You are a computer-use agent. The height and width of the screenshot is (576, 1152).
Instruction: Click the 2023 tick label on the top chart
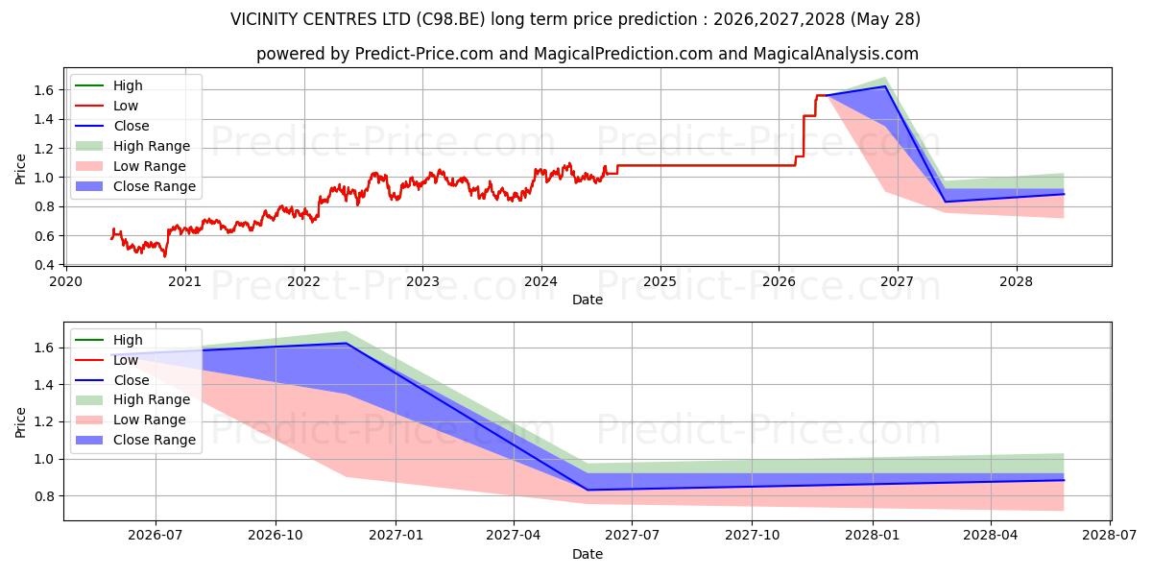pyautogui.click(x=422, y=282)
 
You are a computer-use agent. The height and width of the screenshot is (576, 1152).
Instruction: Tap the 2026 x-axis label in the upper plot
pyautogui.click(x=779, y=282)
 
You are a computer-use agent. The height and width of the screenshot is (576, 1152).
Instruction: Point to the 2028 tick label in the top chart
pyautogui.click(x=1017, y=282)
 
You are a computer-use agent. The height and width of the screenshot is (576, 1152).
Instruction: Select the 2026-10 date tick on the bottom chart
pyautogui.click(x=276, y=536)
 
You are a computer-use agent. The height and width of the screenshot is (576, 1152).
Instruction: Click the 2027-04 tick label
pyautogui.click(x=514, y=536)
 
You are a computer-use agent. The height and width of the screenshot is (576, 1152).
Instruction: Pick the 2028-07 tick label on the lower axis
pyautogui.click(x=1110, y=536)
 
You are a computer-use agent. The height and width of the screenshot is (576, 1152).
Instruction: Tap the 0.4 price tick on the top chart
pyautogui.click(x=44, y=265)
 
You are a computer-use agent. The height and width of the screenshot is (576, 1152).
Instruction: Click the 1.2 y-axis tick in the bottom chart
pyautogui.click(x=44, y=422)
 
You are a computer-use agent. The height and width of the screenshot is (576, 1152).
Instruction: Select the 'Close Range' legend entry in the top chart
pyautogui.click(x=135, y=186)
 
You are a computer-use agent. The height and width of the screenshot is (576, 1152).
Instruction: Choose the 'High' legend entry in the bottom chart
pyautogui.click(x=109, y=340)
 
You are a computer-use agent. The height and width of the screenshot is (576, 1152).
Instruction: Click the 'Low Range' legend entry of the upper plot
pyautogui.click(x=131, y=166)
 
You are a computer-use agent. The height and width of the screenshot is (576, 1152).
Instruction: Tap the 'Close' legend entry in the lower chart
pyautogui.click(x=112, y=380)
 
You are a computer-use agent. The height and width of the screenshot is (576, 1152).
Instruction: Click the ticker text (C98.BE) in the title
pyautogui.click(x=450, y=19)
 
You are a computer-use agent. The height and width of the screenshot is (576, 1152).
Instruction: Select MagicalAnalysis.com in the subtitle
pyautogui.click(x=836, y=54)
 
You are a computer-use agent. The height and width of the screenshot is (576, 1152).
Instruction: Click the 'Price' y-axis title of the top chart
pyautogui.click(x=20, y=169)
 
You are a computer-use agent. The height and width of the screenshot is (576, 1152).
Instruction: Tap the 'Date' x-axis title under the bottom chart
pyautogui.click(x=588, y=554)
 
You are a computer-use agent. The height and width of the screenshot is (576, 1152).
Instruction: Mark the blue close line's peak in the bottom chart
pyautogui.click(x=347, y=343)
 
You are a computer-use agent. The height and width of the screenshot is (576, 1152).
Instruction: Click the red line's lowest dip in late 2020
pyautogui.click(x=165, y=255)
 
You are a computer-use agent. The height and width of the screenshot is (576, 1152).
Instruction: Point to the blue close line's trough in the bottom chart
pyautogui.click(x=588, y=490)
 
